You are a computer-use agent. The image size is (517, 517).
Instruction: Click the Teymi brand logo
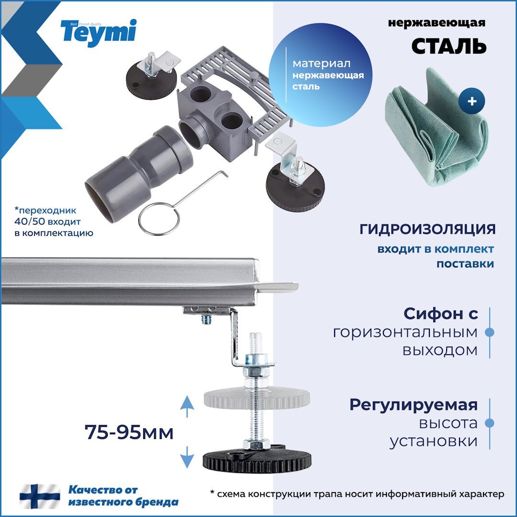coord(99,32)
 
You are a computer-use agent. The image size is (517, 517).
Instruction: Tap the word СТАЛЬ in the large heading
coord(449,46)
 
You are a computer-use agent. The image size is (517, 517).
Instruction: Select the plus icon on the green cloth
coord(472,101)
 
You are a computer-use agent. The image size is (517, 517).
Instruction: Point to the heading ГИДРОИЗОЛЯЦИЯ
coord(427,229)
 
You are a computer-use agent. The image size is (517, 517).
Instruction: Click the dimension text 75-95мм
coord(129,433)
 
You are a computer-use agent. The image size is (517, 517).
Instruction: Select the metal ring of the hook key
coord(159,219)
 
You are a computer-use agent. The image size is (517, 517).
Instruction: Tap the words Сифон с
coord(440,314)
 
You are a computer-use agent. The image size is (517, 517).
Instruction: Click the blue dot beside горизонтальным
coord(489,332)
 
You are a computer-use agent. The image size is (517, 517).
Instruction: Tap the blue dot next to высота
coord(489,423)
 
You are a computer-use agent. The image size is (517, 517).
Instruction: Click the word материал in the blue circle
coord(321,64)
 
